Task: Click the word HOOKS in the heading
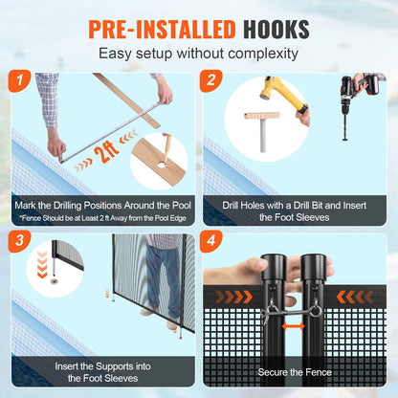pyautogui.click(x=276, y=30)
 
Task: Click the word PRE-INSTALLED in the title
pyautogui.click(x=162, y=30)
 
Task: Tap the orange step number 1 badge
pyautogui.click(x=19, y=81)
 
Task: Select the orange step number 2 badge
pyautogui.click(x=210, y=81)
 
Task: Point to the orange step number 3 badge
pyautogui.click(x=19, y=241)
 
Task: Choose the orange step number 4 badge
pyautogui.click(x=210, y=241)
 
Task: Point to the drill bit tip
pyautogui.click(x=345, y=139)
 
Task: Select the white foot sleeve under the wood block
pyautogui.click(x=263, y=135)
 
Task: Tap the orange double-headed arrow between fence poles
pyautogui.click(x=293, y=326)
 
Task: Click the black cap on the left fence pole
pyautogui.click(x=274, y=267)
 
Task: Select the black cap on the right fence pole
pyautogui.click(x=313, y=267)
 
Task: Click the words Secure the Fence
pyautogui.click(x=295, y=372)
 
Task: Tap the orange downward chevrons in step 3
pyautogui.click(x=42, y=264)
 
